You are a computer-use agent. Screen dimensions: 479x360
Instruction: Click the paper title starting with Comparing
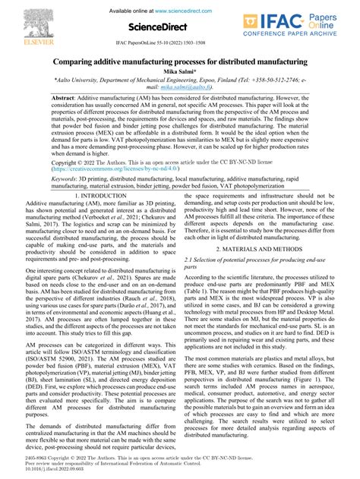[180, 61]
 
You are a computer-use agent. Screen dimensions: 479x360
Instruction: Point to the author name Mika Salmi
[180, 71]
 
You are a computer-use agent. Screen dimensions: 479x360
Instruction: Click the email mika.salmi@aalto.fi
[179, 87]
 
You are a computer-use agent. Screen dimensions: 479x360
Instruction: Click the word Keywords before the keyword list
[68, 177]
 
